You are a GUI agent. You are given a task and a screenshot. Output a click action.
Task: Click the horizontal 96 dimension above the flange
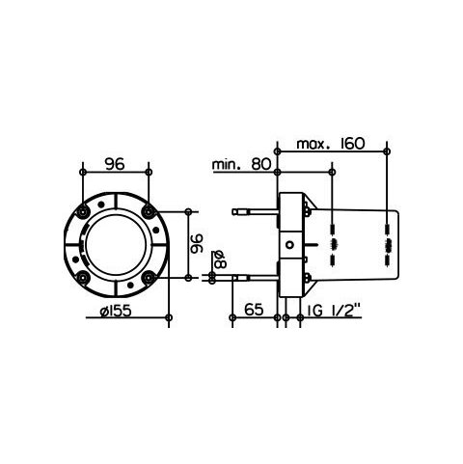(x=115, y=164)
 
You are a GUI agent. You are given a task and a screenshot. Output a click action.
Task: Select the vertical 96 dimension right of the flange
(x=198, y=244)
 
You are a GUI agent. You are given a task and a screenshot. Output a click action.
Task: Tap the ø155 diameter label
(x=116, y=311)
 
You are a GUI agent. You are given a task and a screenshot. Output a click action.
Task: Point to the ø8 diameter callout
(x=220, y=259)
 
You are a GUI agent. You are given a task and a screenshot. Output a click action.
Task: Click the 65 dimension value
(x=254, y=310)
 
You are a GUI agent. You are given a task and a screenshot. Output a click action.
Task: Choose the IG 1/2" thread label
(x=333, y=310)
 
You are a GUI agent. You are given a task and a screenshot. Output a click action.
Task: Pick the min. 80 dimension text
(x=242, y=165)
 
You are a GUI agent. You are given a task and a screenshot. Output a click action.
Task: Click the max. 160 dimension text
(x=331, y=144)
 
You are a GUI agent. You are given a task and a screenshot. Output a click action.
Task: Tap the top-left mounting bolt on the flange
(x=84, y=211)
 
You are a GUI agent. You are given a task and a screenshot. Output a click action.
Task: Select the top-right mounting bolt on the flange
(x=149, y=211)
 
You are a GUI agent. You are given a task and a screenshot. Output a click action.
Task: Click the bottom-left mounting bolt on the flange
(x=84, y=277)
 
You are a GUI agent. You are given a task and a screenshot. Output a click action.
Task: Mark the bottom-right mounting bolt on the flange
(x=149, y=277)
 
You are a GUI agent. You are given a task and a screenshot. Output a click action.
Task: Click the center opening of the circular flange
(x=116, y=244)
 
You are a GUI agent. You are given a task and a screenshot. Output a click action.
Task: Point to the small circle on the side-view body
(x=290, y=244)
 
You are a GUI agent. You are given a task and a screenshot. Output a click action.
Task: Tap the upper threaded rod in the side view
(x=255, y=211)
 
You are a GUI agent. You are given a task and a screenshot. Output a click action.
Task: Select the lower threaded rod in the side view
(x=255, y=277)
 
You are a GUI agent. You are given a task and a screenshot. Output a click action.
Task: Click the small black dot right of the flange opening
(x=156, y=230)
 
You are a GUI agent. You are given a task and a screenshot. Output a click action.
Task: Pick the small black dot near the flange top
(x=101, y=204)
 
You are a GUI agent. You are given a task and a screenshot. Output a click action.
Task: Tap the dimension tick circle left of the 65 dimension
(x=232, y=317)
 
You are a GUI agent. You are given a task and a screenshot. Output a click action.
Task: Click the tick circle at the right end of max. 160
(x=387, y=151)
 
